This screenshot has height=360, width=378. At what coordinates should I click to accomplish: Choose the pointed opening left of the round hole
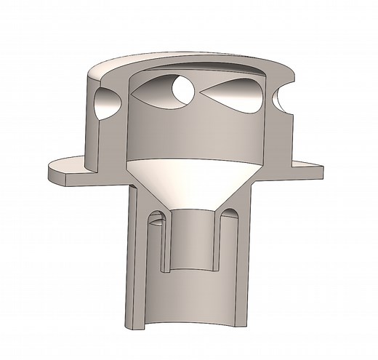tap(153, 92)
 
